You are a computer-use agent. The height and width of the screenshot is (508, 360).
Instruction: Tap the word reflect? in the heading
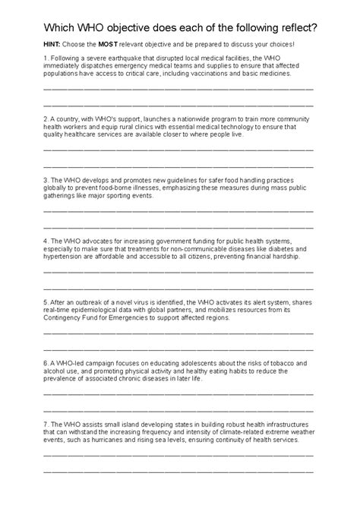point(292,27)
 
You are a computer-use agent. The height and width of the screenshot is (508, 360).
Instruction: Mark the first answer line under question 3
point(178,210)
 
